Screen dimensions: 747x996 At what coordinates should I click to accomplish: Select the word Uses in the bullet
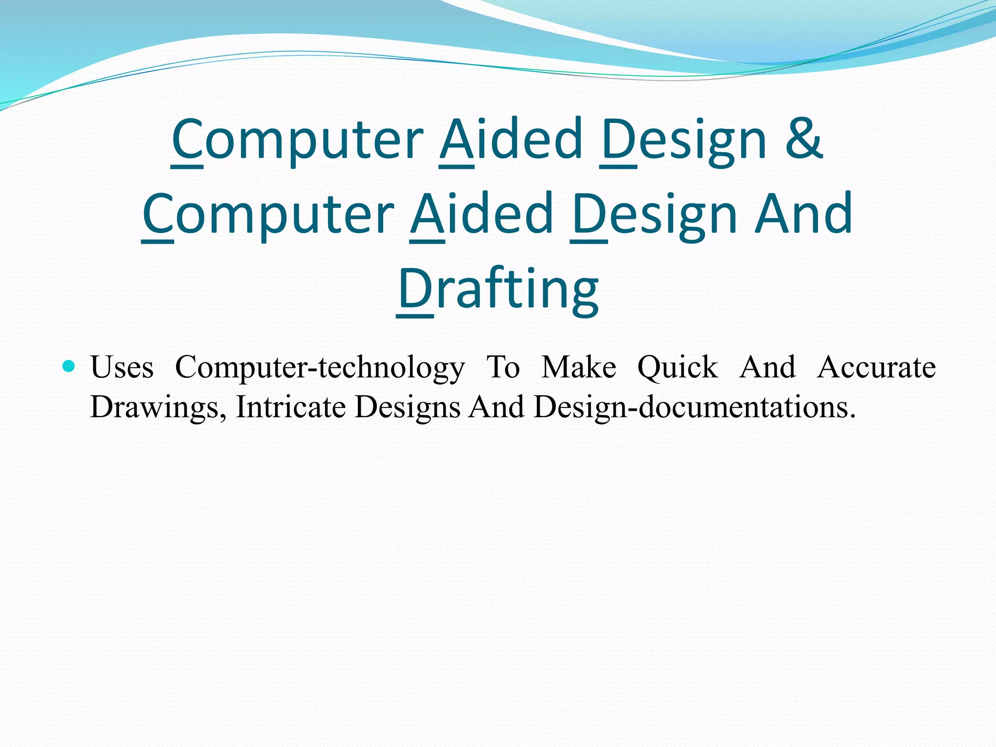coord(122,367)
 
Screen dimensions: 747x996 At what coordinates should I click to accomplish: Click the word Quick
coord(677,368)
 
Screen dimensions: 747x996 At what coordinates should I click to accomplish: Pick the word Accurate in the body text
coord(876,367)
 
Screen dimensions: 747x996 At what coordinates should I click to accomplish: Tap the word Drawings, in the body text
coord(159,408)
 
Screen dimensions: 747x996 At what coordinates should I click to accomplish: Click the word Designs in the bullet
coord(408,408)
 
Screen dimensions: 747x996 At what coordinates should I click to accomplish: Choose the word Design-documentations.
coord(694,408)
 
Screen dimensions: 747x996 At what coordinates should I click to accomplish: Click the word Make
coord(579,367)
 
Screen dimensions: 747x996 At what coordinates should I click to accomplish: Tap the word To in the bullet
coord(503,367)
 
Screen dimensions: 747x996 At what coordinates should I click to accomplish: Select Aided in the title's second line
coord(482,214)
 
